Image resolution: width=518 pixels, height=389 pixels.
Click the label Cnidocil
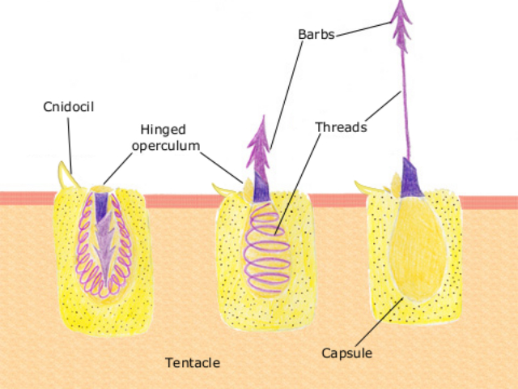68,107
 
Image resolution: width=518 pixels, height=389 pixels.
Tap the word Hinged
161,130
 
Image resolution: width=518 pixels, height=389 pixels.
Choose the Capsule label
346,353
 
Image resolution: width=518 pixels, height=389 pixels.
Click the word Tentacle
193,361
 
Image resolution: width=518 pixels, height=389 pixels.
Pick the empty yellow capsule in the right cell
417,251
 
